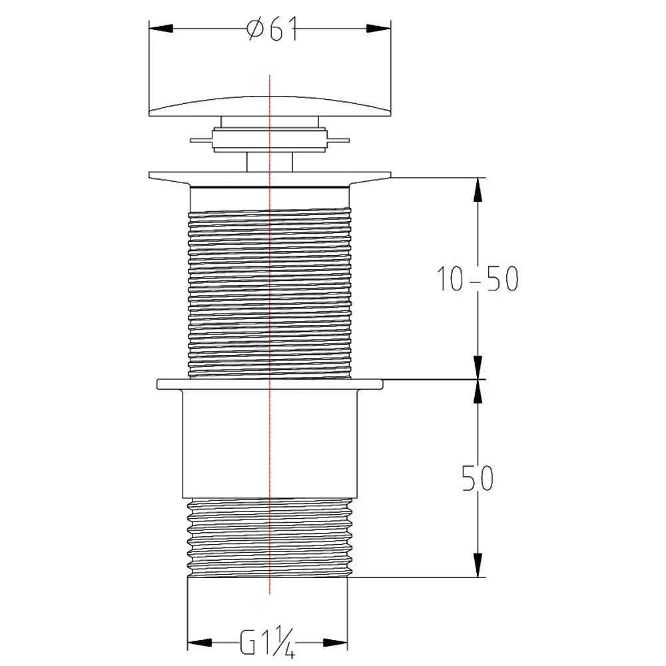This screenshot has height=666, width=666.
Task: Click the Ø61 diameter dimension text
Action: (x=272, y=29)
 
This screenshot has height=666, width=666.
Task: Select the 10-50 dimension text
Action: (x=478, y=279)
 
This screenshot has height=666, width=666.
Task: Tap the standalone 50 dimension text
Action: (x=478, y=478)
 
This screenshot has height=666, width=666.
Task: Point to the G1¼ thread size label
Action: (x=268, y=642)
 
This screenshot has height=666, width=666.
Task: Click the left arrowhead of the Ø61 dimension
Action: (x=161, y=29)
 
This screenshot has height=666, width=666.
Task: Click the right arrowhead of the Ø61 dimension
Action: (x=378, y=29)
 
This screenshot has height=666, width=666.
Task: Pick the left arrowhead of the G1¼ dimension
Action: (x=200, y=643)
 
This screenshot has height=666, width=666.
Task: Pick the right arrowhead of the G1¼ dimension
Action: (x=336, y=643)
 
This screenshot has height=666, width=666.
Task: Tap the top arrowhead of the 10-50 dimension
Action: (x=478, y=189)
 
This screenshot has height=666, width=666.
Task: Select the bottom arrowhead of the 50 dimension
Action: (x=478, y=565)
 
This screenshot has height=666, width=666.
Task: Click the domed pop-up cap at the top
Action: (x=270, y=106)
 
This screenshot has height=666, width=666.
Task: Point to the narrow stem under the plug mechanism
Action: (x=270, y=162)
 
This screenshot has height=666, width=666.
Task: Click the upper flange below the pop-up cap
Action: (x=270, y=178)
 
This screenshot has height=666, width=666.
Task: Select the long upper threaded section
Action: (x=270, y=292)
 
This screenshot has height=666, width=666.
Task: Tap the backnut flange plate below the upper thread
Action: (x=270, y=384)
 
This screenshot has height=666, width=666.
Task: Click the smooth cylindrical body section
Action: (x=270, y=444)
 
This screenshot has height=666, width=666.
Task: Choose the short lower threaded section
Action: (x=270, y=537)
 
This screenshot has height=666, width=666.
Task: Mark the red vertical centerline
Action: (x=270, y=334)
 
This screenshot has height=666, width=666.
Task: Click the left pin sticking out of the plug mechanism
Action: (x=201, y=140)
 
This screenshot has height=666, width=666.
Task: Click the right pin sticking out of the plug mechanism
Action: (x=338, y=140)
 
